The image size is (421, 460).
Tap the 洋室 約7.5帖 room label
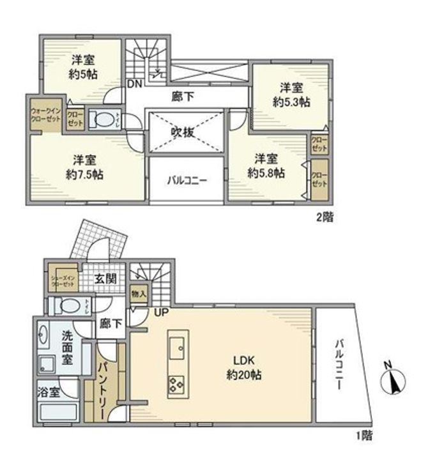(84, 166)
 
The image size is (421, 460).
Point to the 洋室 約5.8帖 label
(266, 165)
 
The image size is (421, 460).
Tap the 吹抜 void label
(185, 132)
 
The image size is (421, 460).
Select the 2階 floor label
(324, 217)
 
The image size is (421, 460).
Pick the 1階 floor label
(364, 437)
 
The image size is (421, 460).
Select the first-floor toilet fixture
(65, 305)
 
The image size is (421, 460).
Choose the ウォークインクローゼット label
(43, 116)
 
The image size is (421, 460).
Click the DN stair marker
(134, 84)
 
